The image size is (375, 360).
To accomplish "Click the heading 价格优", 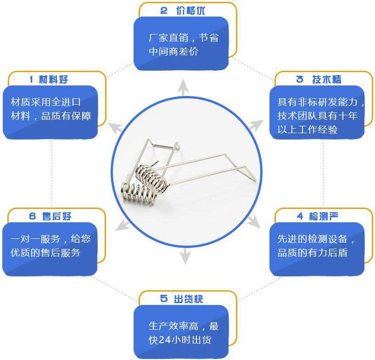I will point(190,11).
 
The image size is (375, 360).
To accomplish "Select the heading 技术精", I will point(327,79).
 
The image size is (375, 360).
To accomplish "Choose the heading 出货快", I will point(188,299).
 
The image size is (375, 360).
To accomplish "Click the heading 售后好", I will point(57,216).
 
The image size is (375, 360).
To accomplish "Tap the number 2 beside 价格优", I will point(164,11).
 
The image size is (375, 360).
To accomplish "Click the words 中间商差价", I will point(173,51).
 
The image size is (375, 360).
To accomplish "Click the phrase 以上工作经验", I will point(307,129).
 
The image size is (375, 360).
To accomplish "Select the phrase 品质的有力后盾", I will point(312,253).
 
